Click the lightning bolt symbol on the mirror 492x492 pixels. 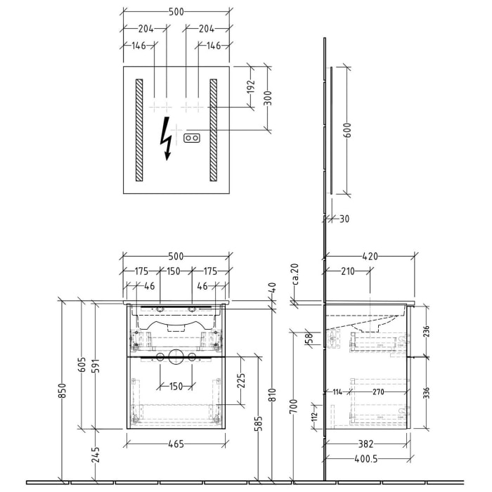click(166, 138)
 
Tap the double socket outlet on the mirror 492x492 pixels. click(192, 138)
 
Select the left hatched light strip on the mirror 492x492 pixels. click(139, 130)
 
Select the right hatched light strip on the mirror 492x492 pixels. click(214, 130)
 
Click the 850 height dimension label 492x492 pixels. click(63, 391)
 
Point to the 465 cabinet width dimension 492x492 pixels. click(176, 444)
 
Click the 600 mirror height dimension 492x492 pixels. click(347, 130)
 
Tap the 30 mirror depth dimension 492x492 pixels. click(344, 219)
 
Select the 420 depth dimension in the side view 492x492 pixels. click(370, 257)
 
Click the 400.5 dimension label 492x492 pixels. click(366, 459)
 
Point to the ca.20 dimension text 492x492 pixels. click(295, 274)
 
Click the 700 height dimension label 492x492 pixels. click(293, 406)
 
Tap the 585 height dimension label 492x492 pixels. click(259, 424)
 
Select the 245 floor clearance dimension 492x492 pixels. click(96, 455)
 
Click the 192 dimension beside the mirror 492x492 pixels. click(251, 87)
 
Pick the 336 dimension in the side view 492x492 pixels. click(426, 393)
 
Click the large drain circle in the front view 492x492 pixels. click(176, 357)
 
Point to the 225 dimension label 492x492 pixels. click(241, 381)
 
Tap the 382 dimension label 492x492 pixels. click(366, 444)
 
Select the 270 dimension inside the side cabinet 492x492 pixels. click(378, 391)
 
